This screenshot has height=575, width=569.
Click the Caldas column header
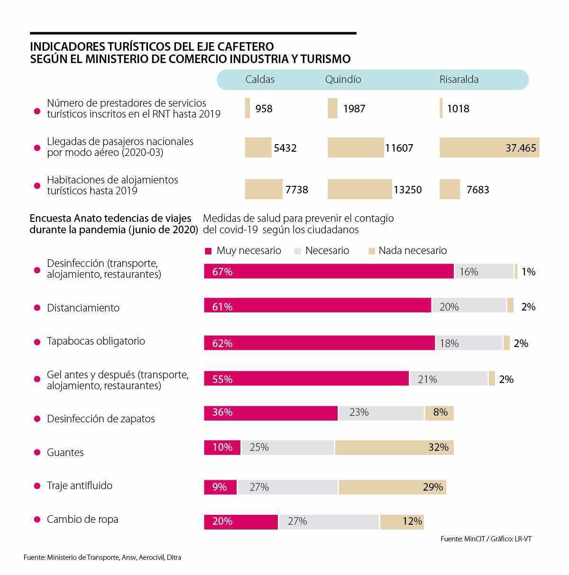pyautogui.click(x=260, y=80)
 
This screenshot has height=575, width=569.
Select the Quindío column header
pyautogui.click(x=343, y=80)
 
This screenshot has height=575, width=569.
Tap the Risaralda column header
pyautogui.click(x=459, y=80)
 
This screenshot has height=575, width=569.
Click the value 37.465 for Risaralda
pyautogui.click(x=521, y=148)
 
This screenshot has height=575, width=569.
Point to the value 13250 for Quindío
pyautogui.click(x=407, y=190)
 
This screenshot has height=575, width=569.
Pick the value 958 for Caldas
pyautogui.click(x=264, y=109)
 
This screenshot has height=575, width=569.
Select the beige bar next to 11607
pyautogui.click(x=355, y=147)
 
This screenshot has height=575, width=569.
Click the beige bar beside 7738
pyautogui.click(x=264, y=189)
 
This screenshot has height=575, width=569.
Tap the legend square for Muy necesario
pyautogui.click(x=208, y=251)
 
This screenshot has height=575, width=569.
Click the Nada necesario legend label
pyautogui.click(x=413, y=251)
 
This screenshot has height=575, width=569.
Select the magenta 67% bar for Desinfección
pyautogui.click(x=329, y=272)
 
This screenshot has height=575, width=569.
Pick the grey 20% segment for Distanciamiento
pyautogui.click(x=468, y=306)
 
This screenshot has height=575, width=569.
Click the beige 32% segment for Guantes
pyautogui.click(x=394, y=447)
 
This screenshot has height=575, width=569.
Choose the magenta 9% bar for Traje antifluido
pyautogui.click(x=220, y=487)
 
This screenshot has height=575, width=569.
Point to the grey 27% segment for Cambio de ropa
pyautogui.click(x=329, y=521)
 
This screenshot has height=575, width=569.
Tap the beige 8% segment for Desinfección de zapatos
pyautogui.click(x=439, y=413)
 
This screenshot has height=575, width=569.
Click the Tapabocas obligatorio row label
pyautogui.click(x=96, y=341)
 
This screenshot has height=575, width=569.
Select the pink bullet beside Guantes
pyautogui.click(x=37, y=453)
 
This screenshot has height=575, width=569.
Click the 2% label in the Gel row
pyautogui.click(x=506, y=379)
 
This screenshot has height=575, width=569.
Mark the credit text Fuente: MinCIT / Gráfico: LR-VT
pyautogui.click(x=486, y=539)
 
